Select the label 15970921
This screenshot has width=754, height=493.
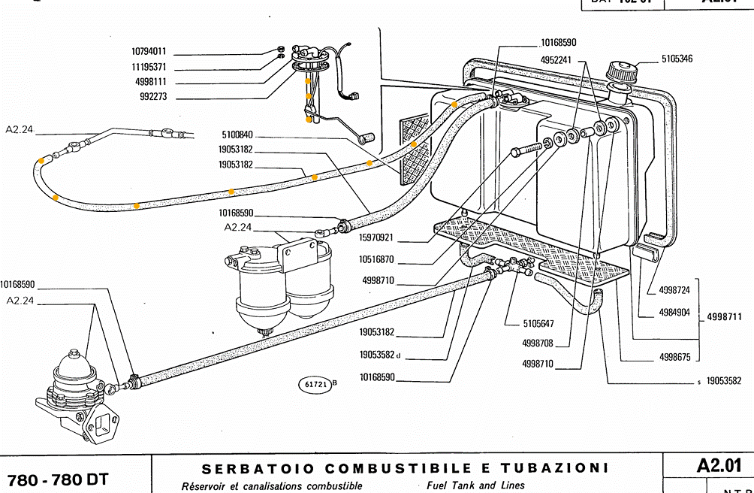coord(376,238)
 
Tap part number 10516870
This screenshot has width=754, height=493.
coord(377,260)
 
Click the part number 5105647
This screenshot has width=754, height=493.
coord(538,324)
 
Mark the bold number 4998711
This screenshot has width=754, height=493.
coord(725,318)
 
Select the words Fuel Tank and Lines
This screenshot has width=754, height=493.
coord(475,485)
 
